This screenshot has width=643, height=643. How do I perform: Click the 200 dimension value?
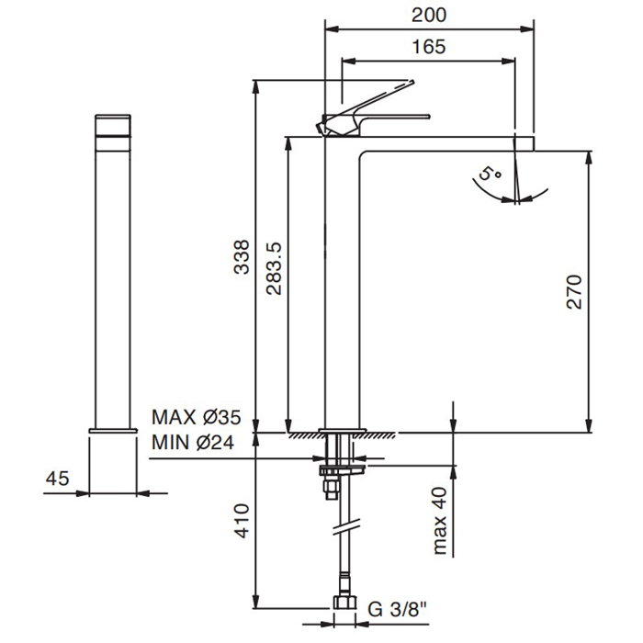429,16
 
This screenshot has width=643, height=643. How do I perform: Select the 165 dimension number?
429,47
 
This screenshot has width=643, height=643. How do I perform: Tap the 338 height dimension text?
242,256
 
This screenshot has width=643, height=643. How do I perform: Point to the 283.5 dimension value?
274,269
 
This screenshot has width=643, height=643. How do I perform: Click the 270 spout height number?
574,291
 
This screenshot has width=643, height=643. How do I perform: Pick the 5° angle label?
490,174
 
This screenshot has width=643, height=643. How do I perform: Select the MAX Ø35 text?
197,417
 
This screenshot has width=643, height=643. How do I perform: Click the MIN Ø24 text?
193,443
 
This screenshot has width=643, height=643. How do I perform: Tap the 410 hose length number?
242,521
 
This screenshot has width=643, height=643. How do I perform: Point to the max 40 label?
439,521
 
